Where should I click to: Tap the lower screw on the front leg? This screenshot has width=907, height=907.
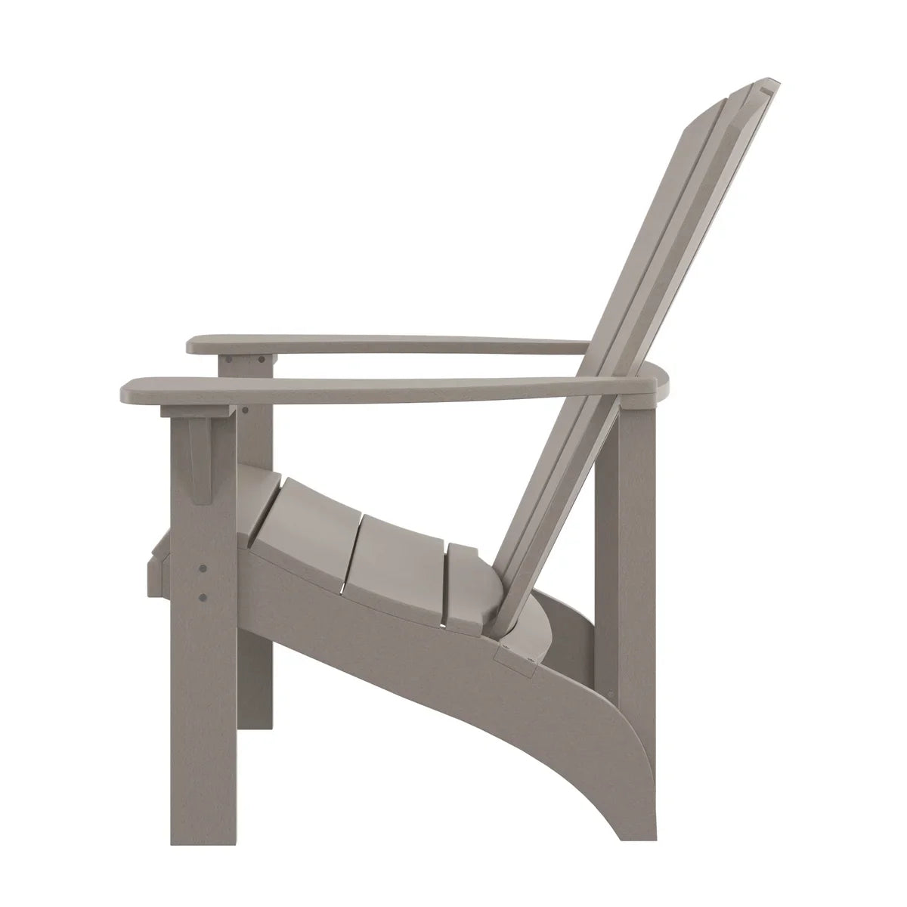pyautogui.click(x=202, y=597)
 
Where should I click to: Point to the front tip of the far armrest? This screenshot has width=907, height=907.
pyautogui.click(x=192, y=346)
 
